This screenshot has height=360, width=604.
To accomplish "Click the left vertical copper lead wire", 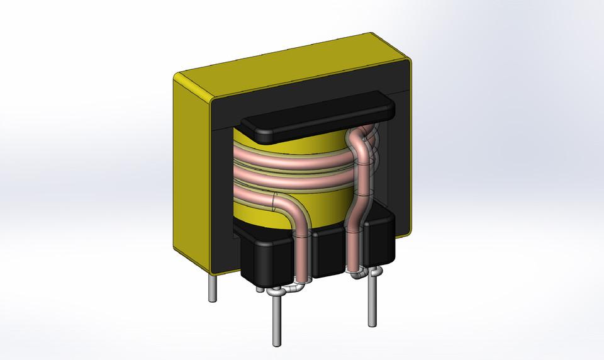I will pos(303,252).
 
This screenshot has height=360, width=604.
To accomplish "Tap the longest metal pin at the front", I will pos(276,321).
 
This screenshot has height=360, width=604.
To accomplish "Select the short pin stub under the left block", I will pos(259,290).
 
